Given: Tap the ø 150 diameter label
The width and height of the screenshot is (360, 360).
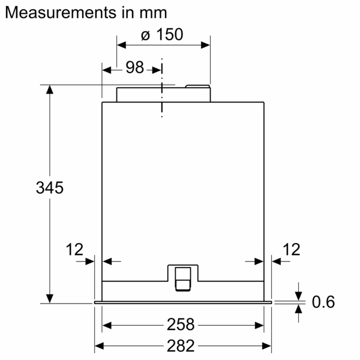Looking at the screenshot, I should (x=162, y=35).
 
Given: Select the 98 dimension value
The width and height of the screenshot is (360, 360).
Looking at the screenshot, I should (x=135, y=68).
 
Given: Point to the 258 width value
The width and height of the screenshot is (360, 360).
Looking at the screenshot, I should (x=181, y=325).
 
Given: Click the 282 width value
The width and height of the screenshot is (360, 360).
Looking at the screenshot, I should (x=181, y=346).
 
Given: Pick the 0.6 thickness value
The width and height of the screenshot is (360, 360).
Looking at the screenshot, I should (x=323, y=302).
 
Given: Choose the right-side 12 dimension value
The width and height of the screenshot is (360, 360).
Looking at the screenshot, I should (x=291, y=249).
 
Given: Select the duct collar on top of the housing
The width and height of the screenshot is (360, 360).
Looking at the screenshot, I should (x=163, y=94).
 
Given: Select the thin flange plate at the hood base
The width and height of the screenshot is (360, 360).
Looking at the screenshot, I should (x=182, y=302).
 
